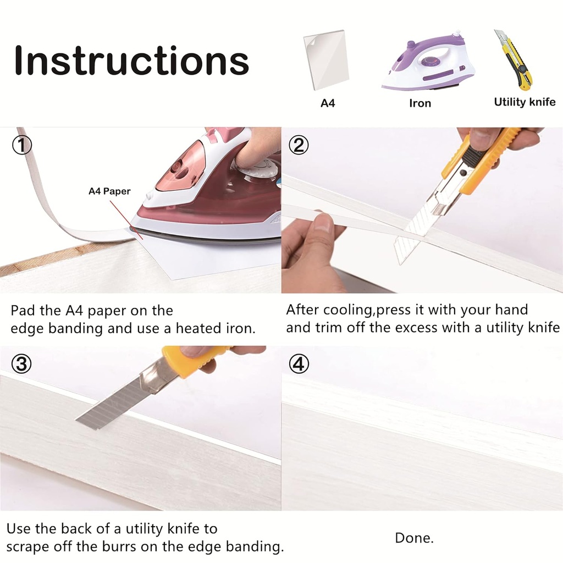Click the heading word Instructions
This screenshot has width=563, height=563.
pyautogui.click(x=131, y=60)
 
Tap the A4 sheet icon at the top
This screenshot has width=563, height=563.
pyautogui.click(x=326, y=60)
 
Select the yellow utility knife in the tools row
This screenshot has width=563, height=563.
pyautogui.click(x=514, y=59)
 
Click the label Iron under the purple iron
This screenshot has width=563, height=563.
pyautogui.click(x=420, y=103)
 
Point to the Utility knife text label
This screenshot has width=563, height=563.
pyautogui.click(x=525, y=102)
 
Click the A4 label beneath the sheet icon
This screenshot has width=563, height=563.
pyautogui.click(x=328, y=103)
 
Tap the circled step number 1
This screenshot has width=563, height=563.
pyautogui.click(x=22, y=145)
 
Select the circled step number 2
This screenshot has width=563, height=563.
pyautogui.click(x=299, y=145)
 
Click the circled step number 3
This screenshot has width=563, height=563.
pyautogui.click(x=21, y=364)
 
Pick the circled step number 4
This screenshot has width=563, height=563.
pyautogui.click(x=299, y=364)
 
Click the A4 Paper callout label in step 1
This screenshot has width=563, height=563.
pyautogui.click(x=109, y=191)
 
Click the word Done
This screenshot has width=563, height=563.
pyautogui.click(x=414, y=538)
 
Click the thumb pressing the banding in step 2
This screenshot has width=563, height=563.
pyautogui.click(x=322, y=224)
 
